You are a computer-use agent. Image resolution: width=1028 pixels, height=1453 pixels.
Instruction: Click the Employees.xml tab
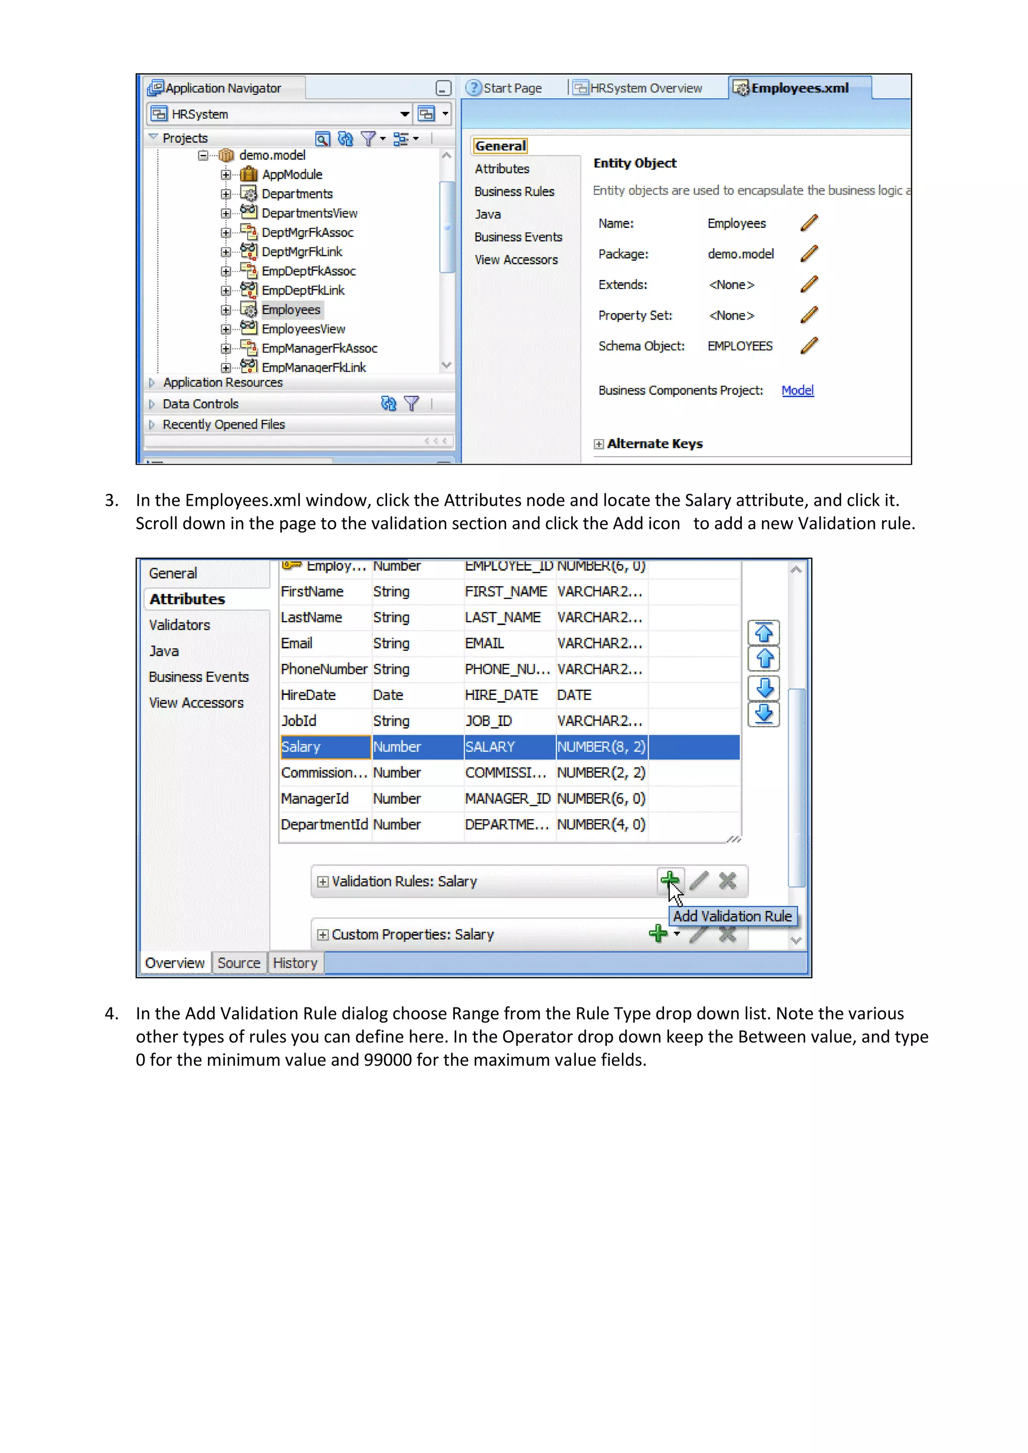coord(799,88)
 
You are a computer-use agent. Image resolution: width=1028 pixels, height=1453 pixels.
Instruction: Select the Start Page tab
coord(511,88)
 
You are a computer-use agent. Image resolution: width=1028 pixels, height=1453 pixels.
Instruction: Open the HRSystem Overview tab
coord(645,88)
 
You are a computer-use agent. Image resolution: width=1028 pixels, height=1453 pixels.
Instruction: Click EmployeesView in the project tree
coord(303,329)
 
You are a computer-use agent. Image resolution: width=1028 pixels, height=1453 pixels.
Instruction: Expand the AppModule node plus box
coord(226,175)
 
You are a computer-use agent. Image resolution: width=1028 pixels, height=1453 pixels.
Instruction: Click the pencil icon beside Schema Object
coord(808,346)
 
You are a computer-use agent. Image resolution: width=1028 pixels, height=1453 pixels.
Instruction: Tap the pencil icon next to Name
coord(808,223)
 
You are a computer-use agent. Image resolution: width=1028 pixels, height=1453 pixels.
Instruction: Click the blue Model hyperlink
coord(797,390)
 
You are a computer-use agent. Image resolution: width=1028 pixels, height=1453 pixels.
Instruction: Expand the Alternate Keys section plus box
coord(598,444)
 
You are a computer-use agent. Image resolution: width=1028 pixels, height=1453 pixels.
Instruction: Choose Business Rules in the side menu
coord(514,192)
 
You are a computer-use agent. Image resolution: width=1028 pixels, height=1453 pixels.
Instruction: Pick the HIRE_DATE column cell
coord(501,695)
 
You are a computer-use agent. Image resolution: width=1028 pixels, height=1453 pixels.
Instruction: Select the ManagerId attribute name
coord(315,799)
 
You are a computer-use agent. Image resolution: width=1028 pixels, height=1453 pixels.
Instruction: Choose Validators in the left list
coord(179,625)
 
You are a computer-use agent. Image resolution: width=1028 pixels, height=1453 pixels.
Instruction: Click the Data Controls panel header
coord(201,404)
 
